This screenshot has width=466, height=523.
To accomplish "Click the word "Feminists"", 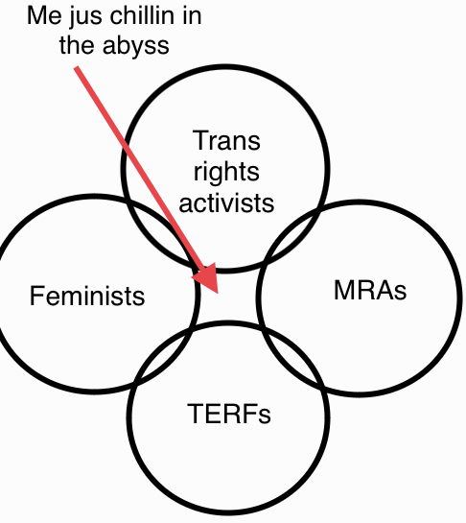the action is coord(87,296).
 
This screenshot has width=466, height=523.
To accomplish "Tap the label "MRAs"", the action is coord(370,290).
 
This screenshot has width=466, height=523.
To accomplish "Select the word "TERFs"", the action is coord(229,414).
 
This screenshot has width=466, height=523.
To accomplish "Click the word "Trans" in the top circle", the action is coord(226,140).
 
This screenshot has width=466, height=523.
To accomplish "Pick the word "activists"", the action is coord(226,202).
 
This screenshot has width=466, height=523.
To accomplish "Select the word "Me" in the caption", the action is coord(44,15).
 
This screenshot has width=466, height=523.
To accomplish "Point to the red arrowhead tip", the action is coord(218,294).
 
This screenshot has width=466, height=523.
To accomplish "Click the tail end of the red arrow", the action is coord(77,68).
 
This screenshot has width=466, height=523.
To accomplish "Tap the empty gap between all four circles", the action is coord(229,297).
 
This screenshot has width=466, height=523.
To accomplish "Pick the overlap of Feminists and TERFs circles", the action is coord(163,353).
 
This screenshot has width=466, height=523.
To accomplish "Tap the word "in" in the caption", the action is coord(192,15).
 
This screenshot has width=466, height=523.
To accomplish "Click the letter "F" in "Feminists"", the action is coord(36,296).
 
